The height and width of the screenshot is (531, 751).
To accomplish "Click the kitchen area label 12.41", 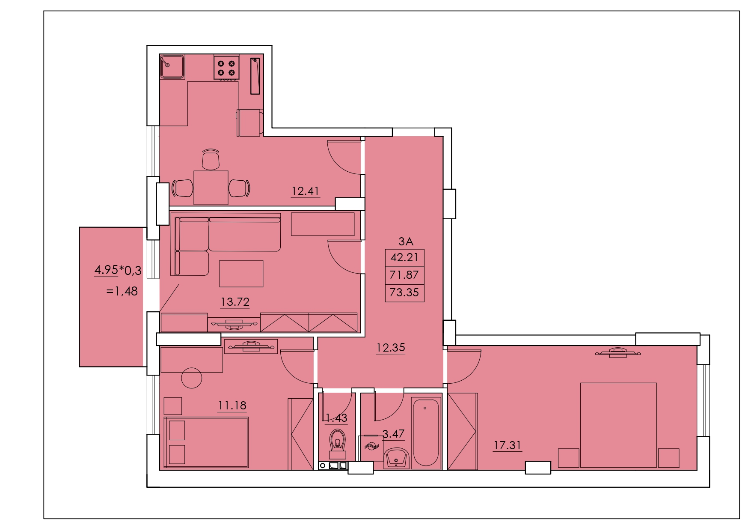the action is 305,191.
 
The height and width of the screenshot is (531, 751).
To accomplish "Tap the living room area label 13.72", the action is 235,302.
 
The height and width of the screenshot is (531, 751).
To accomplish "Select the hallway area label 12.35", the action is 391,348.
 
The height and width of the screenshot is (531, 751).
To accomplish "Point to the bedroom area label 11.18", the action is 232,405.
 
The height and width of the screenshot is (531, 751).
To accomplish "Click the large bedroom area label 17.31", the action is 508,445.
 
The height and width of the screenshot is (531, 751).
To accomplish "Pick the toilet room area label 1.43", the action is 336,418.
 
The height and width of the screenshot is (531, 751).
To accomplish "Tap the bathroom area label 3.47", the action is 393,434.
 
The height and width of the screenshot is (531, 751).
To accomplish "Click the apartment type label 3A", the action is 406,242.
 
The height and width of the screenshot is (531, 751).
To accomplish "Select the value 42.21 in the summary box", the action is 404,257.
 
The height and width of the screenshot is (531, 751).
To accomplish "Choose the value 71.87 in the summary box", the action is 404,275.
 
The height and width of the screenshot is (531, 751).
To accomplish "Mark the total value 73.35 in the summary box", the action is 404,292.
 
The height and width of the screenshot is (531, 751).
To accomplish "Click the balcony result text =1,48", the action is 122,291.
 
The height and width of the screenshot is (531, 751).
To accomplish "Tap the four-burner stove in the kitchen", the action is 226,68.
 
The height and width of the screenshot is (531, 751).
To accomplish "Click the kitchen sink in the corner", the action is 172,66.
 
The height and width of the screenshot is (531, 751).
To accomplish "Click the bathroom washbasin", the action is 397,458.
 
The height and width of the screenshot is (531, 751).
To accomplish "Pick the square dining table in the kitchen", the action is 211,188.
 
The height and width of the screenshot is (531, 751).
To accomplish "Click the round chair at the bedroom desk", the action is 192,378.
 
